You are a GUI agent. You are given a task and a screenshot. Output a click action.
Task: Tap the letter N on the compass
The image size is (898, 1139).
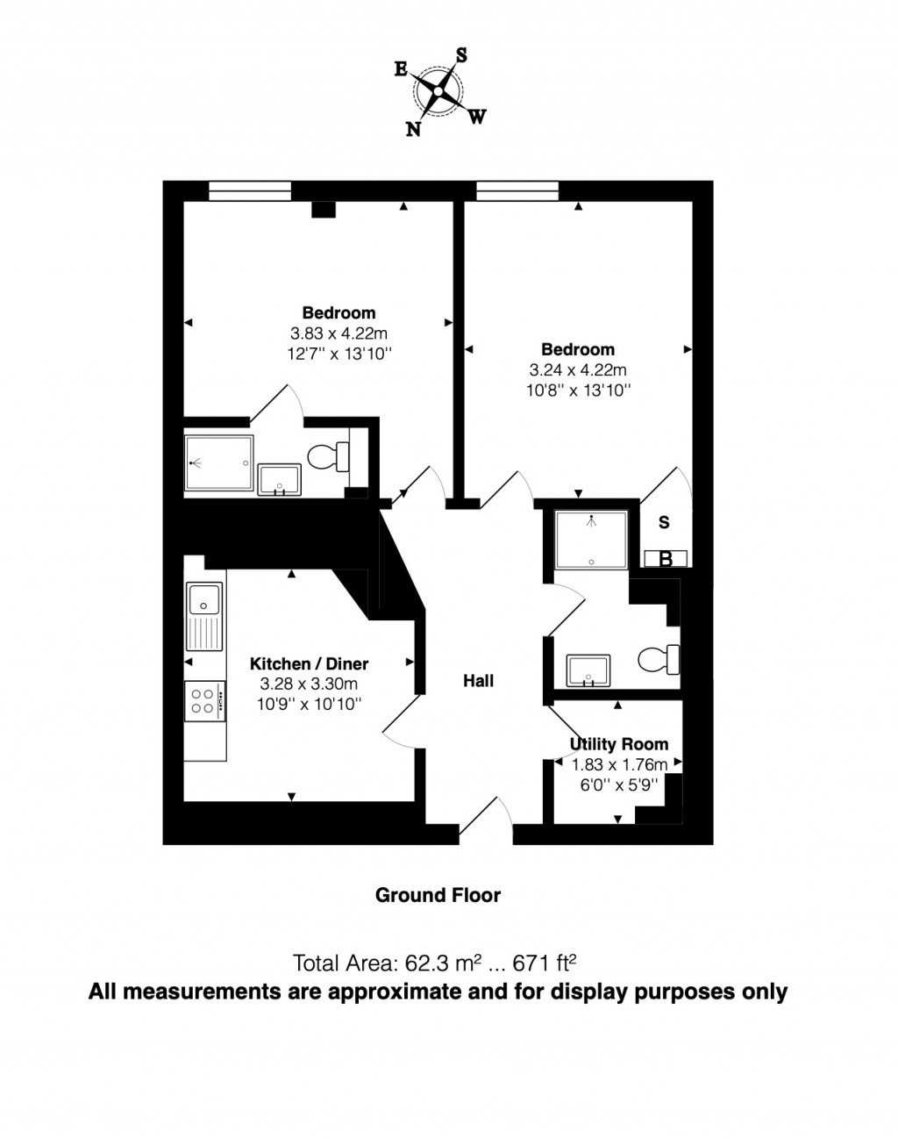pos(412,129)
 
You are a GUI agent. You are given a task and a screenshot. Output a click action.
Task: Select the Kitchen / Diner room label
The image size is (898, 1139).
pos(309,663)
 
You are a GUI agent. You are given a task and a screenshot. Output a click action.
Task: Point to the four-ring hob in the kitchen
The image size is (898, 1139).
pos(203,699)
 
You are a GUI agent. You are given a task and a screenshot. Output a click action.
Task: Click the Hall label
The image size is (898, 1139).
pos(479,680)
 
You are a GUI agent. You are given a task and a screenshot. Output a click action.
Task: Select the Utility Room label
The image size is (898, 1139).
pos(619,744)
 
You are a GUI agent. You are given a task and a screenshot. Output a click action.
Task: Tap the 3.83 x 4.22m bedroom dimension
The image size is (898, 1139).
pos(339,333)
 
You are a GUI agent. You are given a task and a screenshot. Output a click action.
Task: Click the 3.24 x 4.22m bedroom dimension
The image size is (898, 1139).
pos(577,370)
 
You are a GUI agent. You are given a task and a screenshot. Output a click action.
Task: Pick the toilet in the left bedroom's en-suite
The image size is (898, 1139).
pos(327,455)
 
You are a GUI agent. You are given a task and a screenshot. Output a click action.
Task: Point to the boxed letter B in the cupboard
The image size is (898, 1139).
pos(665,559)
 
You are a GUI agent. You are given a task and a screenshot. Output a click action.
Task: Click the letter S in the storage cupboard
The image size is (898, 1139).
pos(664,523)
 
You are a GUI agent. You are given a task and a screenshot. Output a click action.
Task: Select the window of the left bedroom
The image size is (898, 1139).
pos(250,190)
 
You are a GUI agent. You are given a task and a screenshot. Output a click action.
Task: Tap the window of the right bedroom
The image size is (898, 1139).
pos(517,190)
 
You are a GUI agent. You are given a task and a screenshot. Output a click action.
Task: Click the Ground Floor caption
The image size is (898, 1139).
pos(438,895)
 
